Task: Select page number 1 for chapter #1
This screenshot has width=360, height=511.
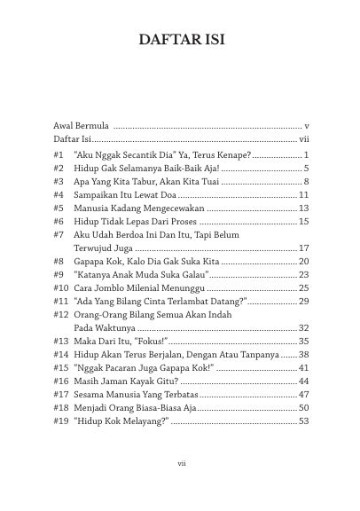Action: [x=305, y=154]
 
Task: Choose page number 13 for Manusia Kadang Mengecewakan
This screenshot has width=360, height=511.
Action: [x=302, y=207]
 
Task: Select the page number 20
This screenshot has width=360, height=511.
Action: [x=302, y=262]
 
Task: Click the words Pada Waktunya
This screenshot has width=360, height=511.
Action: [x=105, y=327]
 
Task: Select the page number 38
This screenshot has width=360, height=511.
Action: [x=302, y=353]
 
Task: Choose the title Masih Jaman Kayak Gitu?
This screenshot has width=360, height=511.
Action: [x=127, y=381]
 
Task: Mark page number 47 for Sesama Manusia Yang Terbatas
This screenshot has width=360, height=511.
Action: [x=302, y=393]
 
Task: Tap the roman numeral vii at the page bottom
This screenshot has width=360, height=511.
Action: [x=180, y=461]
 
